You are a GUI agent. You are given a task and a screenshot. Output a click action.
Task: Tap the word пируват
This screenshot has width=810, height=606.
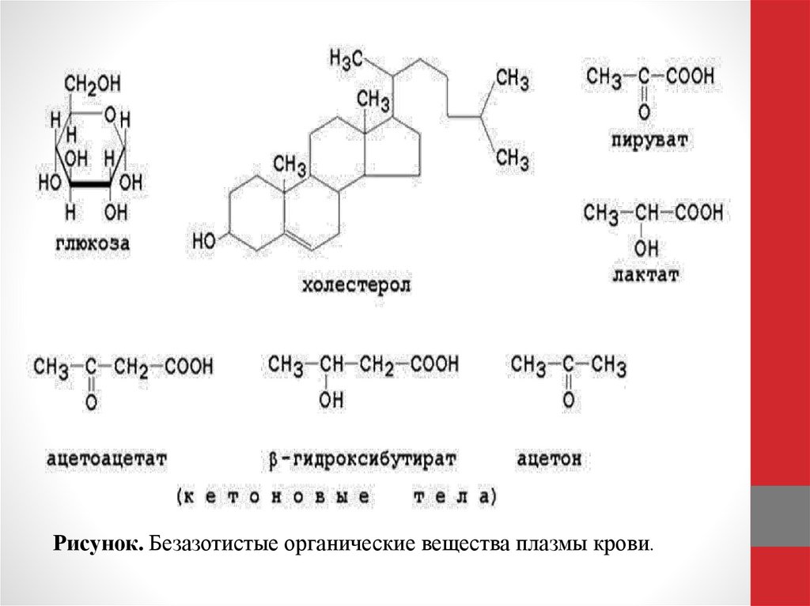pos(648,141)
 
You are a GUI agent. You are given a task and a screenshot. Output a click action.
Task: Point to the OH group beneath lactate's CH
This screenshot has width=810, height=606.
pos(645,248)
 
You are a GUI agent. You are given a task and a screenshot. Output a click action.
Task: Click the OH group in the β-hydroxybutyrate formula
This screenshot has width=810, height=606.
pos(331,401)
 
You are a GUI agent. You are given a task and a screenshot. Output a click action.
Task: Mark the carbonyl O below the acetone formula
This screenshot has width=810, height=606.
pos(567,401)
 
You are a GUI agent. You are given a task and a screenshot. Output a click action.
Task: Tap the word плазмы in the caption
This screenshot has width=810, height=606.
pos(554,544)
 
